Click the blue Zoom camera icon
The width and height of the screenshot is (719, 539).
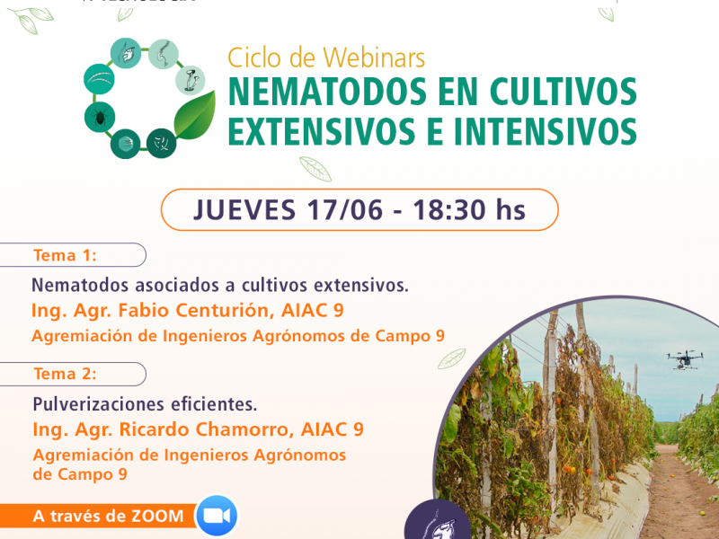(217, 516)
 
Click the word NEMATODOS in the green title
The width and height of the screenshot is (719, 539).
(327, 92)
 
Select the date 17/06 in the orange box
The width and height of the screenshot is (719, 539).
(344, 210)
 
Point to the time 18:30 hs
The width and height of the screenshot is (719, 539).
(468, 210)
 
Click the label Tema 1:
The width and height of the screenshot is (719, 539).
(65, 255)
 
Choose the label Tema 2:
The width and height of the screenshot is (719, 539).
(65, 374)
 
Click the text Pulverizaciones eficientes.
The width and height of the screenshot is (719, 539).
(145, 404)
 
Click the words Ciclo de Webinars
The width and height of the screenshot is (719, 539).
(326, 58)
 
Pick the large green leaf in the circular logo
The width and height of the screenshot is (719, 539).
(195, 115)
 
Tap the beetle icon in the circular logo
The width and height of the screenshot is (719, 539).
(100, 117)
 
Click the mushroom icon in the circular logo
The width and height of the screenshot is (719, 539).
(191, 80)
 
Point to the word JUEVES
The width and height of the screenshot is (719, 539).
(244, 210)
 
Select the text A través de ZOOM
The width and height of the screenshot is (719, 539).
(108, 516)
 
